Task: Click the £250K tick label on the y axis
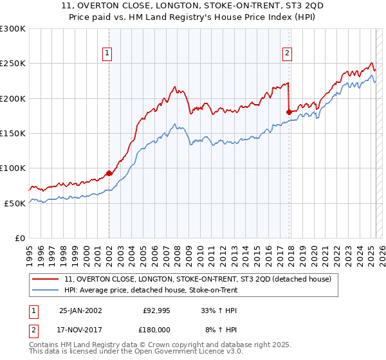pos(12,64)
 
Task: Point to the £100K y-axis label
pos(12,168)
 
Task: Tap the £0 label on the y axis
pos(19,238)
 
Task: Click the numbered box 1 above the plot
pos(107,53)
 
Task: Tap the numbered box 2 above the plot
pos(287,53)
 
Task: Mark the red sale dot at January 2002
pos(109,173)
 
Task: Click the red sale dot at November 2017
pos(289,112)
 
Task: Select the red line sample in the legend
pos(45,279)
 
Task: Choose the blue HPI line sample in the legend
pos(45,290)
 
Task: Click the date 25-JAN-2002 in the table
pos(80,310)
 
